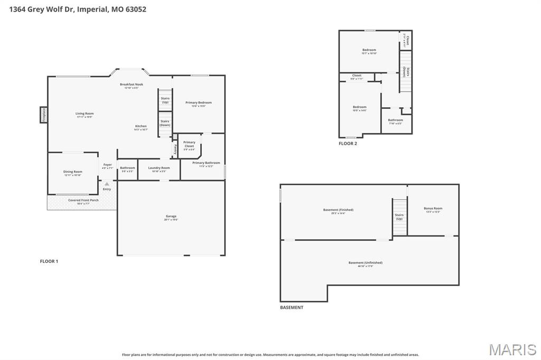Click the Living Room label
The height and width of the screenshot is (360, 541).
coord(84,113)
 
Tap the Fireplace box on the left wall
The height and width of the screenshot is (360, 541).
coord(43,115)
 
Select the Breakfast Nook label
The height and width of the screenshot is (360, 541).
coord(131,84)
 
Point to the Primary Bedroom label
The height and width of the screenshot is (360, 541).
coord(198,102)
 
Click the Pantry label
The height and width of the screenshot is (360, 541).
coord(175,149)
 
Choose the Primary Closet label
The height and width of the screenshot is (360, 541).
coord(189,144)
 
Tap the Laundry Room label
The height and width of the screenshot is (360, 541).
coord(158,168)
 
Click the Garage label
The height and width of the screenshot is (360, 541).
coord(171,216)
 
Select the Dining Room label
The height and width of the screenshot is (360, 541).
coord(73,172)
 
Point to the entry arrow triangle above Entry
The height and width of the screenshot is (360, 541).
coord(107,184)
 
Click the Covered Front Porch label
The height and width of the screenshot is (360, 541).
coord(83,200)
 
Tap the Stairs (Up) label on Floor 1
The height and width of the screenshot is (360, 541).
coord(165,100)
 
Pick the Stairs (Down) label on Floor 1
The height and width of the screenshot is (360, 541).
coord(165,123)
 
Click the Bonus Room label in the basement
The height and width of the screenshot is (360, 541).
coord(433,209)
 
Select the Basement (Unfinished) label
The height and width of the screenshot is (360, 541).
coord(365,263)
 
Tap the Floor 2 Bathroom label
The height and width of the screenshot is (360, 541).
coord(395,120)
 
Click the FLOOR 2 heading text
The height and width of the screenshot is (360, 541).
coord(348,144)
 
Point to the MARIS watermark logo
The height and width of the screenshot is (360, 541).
coord(512,349)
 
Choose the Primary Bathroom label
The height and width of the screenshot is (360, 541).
coord(206,163)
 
